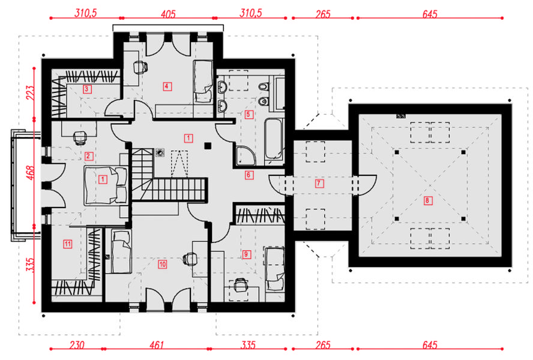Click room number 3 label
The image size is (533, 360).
tap(86, 89)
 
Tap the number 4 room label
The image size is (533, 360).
tap(167, 86)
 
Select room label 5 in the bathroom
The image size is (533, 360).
tap(248, 114)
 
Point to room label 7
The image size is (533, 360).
tap(319, 184)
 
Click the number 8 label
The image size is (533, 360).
tap(427, 200)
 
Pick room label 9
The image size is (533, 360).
tap(246, 254)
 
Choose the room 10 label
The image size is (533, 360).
tap(163, 264)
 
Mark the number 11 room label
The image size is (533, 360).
tap(68, 244)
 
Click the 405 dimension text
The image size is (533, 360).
tap(168, 14)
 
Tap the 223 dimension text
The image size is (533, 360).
tap(30, 93)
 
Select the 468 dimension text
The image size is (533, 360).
tap(30, 173)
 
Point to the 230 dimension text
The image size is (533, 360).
tap(77, 345)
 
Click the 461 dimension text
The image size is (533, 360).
tap(157, 345)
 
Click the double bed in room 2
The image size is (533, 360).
tap(106, 185)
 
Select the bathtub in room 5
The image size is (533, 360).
tap(274, 139)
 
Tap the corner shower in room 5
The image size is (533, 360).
tap(245, 155)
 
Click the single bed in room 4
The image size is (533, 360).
tap(203, 82)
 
